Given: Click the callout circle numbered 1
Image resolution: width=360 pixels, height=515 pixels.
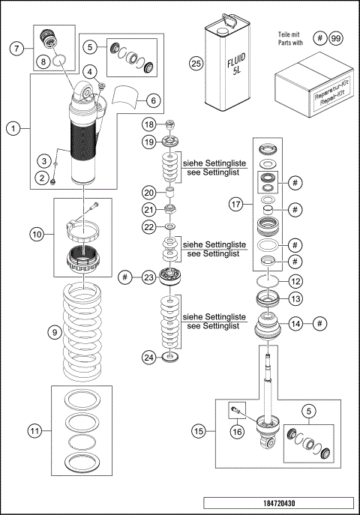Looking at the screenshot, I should coord(13,127).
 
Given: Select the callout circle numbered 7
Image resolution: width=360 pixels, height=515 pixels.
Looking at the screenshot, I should coord(13,48).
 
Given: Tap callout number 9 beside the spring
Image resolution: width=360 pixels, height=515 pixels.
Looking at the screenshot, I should coord(52,331).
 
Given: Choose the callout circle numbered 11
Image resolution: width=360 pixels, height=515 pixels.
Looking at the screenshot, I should coord(35,430).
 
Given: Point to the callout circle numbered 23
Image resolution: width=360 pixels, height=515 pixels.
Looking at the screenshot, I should coord(149,277).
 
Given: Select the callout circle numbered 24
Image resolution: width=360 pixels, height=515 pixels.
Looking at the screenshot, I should coord(149,358).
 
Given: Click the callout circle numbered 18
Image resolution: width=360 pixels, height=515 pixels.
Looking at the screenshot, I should coord(149,124).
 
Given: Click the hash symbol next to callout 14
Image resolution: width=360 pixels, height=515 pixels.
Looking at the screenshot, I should coord(319,323).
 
